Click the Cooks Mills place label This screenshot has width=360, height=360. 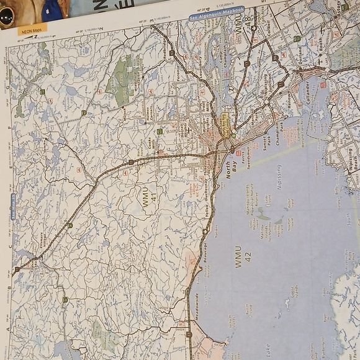(x=151, y=140)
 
